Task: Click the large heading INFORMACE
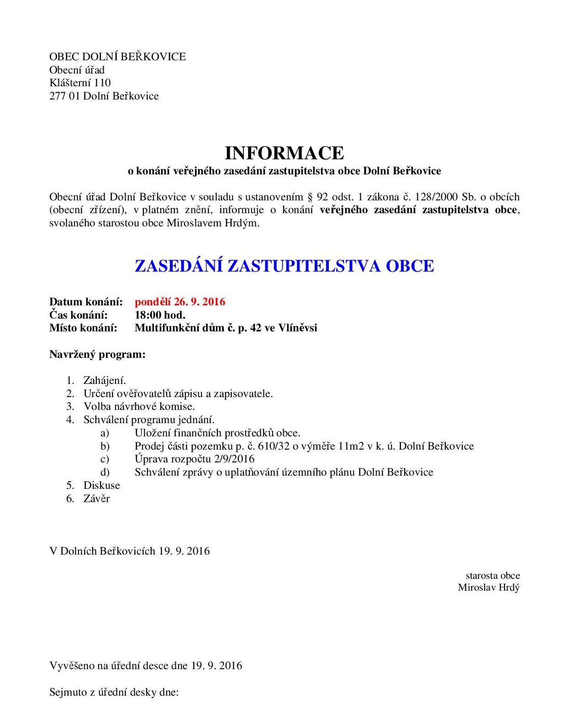click(x=284, y=153)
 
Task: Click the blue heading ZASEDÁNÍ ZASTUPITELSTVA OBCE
click(x=284, y=266)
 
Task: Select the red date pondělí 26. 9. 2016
click(x=180, y=302)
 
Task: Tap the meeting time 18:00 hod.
click(x=160, y=315)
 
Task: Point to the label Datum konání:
click(x=86, y=302)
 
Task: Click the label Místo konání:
click(x=83, y=328)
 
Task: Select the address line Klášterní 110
click(x=80, y=83)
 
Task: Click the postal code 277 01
click(x=64, y=96)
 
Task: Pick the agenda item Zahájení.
click(x=105, y=380)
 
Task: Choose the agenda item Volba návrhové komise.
click(x=139, y=406)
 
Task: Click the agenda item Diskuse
click(x=101, y=485)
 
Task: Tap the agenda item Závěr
click(x=96, y=498)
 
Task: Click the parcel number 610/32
click(x=274, y=446)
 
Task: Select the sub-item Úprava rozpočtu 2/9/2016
click(x=195, y=459)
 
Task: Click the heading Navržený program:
click(x=97, y=354)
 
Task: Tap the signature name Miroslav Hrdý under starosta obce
click(x=489, y=587)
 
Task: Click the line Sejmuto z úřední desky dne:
click(x=114, y=692)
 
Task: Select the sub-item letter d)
click(x=105, y=472)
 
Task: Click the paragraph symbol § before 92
click(x=310, y=197)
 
